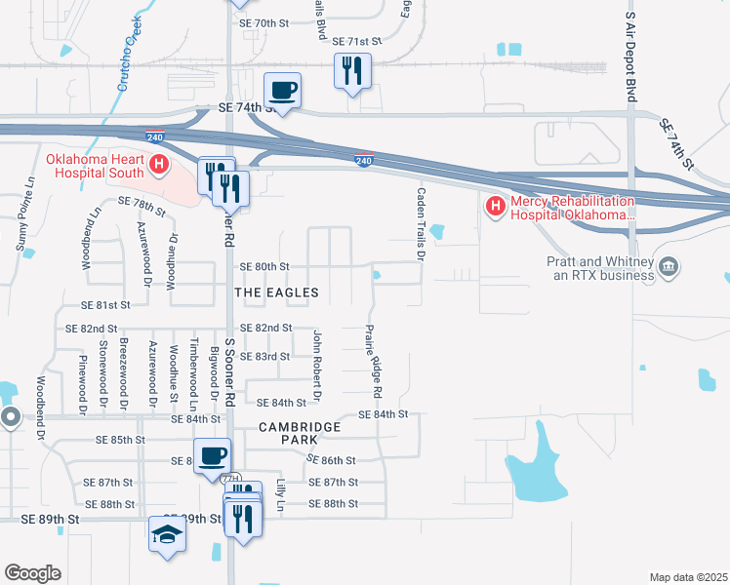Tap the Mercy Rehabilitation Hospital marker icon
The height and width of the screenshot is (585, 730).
tap(495, 206)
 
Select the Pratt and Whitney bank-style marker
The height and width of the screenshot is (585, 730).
tap(669, 266)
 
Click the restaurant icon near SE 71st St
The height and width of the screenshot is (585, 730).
tap(351, 70)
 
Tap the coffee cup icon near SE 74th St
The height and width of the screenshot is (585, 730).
tap(283, 91)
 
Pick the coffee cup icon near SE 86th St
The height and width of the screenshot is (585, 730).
tap(212, 456)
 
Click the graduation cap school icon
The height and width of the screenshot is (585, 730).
tap(167, 534)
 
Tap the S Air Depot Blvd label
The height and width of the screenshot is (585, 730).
tap(630, 46)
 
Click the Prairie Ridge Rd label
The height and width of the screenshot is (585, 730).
tap(372, 361)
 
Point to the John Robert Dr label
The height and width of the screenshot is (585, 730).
tap(316, 365)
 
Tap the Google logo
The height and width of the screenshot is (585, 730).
tap(32, 572)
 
